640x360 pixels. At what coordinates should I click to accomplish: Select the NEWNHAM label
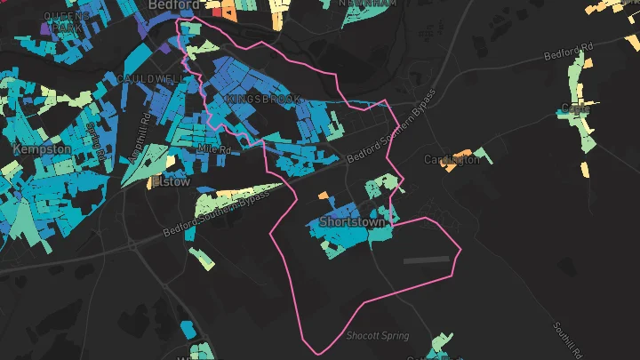click(368, 4)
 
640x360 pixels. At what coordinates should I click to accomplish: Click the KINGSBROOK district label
click(263, 99)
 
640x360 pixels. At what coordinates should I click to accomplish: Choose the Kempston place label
click(42, 149)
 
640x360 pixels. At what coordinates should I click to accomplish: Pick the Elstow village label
click(171, 180)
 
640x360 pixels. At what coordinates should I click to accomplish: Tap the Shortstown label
click(353, 221)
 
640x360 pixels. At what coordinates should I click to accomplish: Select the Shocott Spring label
click(378, 335)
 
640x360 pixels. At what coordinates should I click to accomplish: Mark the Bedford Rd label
click(570, 52)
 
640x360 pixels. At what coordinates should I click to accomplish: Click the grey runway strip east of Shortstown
click(428, 260)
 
